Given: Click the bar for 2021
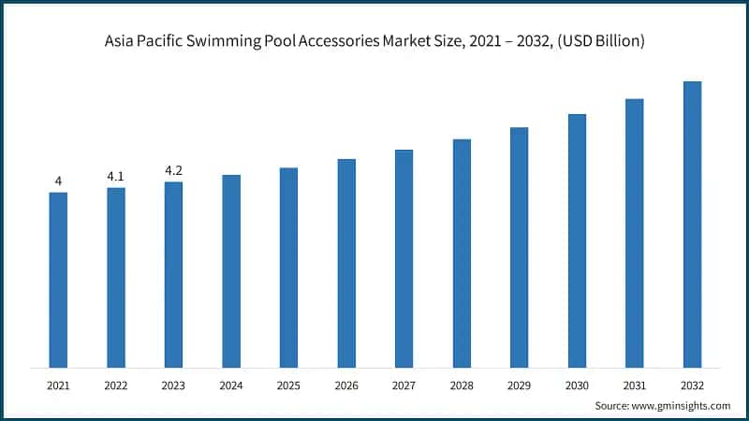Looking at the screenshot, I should [x=58, y=280].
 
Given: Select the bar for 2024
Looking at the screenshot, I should [x=231, y=271].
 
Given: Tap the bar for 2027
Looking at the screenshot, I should [x=404, y=258].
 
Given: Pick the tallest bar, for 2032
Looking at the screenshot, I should [x=692, y=225].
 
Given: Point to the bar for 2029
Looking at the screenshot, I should [x=519, y=247].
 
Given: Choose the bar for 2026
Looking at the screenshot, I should [x=346, y=263].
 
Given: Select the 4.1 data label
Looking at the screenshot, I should [x=115, y=176].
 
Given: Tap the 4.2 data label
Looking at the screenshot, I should [x=173, y=170].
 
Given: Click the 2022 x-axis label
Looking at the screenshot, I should [x=115, y=385].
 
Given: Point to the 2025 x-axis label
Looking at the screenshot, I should [x=288, y=385].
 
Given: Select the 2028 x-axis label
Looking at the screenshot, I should [x=462, y=385].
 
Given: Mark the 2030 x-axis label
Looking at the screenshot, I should [x=577, y=385].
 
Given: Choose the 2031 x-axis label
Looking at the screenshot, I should [x=634, y=385].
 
